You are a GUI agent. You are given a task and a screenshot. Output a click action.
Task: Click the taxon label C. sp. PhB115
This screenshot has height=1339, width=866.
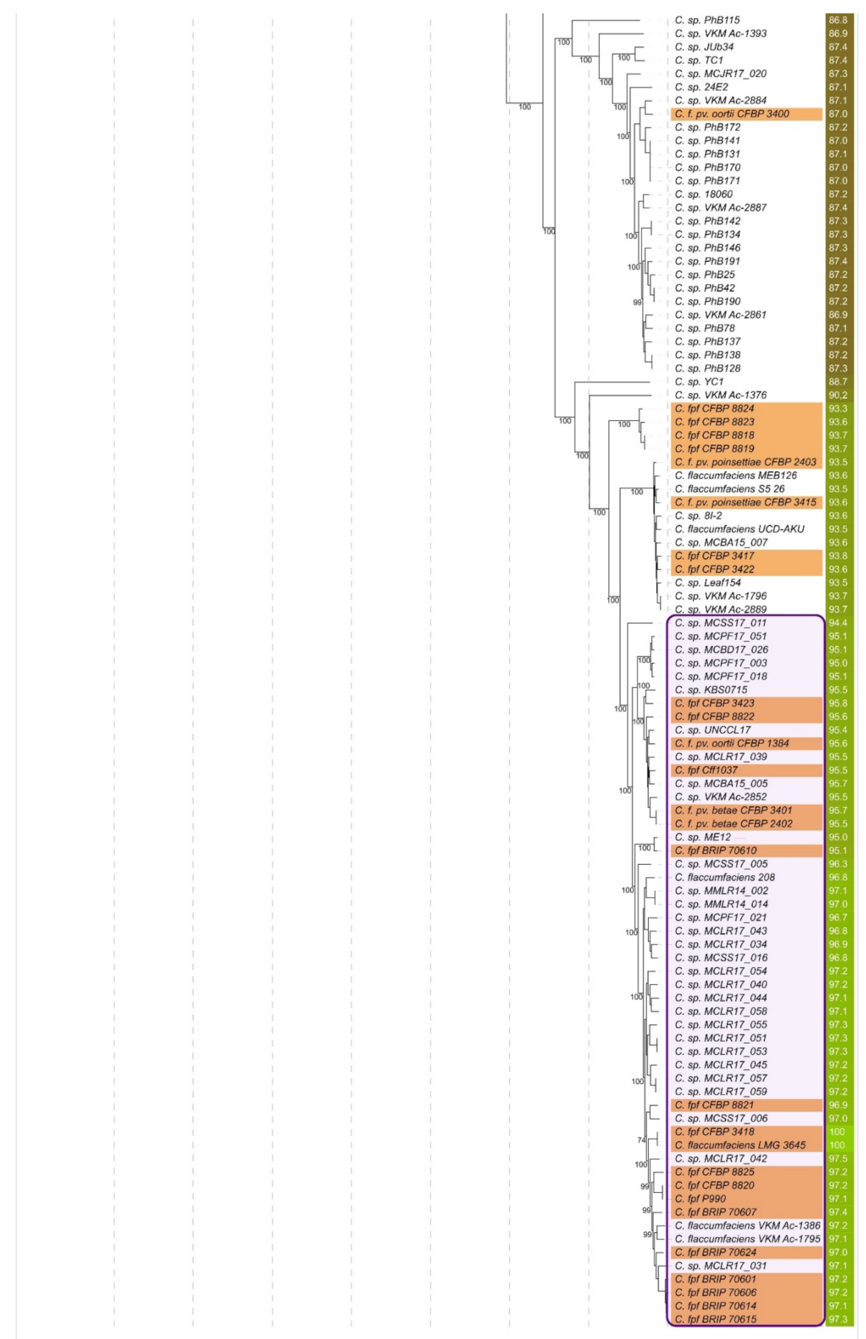pyautogui.click(x=706, y=20)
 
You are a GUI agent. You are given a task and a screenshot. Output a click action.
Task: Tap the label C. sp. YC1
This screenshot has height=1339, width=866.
pyautogui.click(x=699, y=382)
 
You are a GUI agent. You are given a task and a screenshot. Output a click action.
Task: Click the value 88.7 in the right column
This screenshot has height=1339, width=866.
pyautogui.click(x=838, y=382)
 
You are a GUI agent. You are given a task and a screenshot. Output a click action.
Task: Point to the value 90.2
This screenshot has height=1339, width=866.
pyautogui.click(x=838, y=395)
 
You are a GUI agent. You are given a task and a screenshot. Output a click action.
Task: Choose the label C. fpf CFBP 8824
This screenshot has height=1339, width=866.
pyautogui.click(x=714, y=409)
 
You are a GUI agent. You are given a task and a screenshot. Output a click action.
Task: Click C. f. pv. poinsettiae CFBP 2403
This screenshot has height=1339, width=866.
pyautogui.click(x=745, y=462)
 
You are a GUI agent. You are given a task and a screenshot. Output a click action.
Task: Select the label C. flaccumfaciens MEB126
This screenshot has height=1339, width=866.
pyautogui.click(x=736, y=476)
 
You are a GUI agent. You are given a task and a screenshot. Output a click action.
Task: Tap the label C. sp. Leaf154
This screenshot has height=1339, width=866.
pyautogui.click(x=707, y=583)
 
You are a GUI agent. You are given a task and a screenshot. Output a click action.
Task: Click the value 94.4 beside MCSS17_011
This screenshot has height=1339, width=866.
pyautogui.click(x=838, y=623)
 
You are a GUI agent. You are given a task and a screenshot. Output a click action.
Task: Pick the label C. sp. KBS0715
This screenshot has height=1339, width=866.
pyautogui.click(x=711, y=690)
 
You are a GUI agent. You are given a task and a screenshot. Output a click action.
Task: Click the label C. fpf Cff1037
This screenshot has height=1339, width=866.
pyautogui.click(x=706, y=771)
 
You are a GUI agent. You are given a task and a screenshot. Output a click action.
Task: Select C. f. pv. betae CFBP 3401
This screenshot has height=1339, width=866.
pyautogui.click(x=733, y=811)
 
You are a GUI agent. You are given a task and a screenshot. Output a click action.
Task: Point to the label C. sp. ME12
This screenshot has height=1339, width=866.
pyautogui.click(x=702, y=838)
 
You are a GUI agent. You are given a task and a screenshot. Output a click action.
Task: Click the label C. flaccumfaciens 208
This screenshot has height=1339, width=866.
pyautogui.click(x=724, y=877)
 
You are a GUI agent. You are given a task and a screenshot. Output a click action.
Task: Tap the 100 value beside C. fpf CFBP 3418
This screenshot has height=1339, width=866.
pyautogui.click(x=838, y=1132)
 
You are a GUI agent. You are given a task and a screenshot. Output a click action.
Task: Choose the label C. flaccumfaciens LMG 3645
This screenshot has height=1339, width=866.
pyautogui.click(x=740, y=1145)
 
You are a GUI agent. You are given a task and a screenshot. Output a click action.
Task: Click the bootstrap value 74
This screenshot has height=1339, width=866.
pyautogui.click(x=641, y=1140)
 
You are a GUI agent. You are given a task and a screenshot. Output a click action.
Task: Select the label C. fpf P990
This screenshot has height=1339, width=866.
pyautogui.click(x=700, y=1199)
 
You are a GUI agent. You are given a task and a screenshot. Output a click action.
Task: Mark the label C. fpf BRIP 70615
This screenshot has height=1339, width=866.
pyautogui.click(x=715, y=1320)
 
